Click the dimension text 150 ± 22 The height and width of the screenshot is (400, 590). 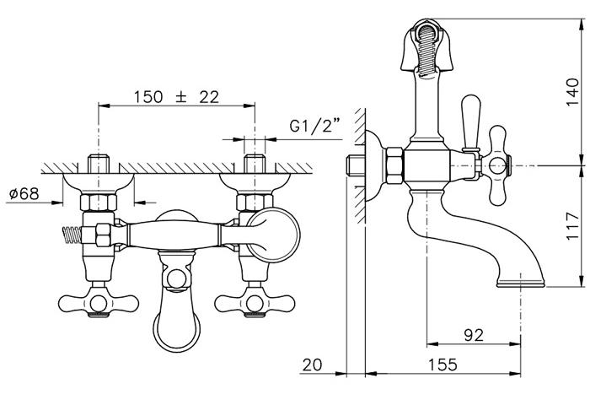click(x=176, y=97)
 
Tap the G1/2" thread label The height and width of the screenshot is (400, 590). click(x=314, y=126)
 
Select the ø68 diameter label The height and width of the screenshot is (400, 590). click(x=24, y=194)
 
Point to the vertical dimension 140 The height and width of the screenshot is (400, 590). click(x=572, y=92)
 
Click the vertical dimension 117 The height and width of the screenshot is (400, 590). click(x=572, y=225)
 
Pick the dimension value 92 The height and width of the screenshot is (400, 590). click(x=474, y=335)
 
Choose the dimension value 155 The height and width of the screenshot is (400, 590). click(x=442, y=365)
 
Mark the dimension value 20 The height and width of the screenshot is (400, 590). click(x=313, y=365)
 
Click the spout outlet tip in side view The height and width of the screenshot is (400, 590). click(x=521, y=283)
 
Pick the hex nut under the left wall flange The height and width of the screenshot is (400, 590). click(x=99, y=203)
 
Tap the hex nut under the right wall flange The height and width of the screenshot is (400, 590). click(x=255, y=203)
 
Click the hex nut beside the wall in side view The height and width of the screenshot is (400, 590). click(x=394, y=165)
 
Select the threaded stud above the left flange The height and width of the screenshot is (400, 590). click(x=99, y=162)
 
